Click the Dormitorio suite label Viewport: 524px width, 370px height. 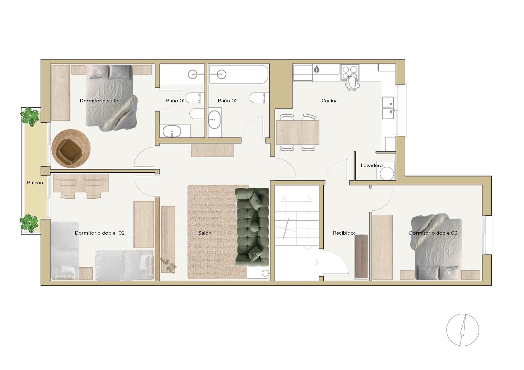click(x=99, y=101)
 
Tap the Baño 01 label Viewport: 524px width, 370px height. click(x=175, y=101)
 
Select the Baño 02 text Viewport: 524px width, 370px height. click(x=227, y=101)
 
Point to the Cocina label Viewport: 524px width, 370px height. click(x=329, y=101)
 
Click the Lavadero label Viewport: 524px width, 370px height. click(x=372, y=165)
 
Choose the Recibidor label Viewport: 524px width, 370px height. click(x=344, y=233)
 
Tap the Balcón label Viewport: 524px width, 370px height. click(x=35, y=183)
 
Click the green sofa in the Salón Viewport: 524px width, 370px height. click(x=252, y=227)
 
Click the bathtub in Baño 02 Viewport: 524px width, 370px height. click(x=239, y=74)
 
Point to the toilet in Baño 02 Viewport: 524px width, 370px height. click(x=259, y=98)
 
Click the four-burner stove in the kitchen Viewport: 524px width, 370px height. click(x=350, y=72)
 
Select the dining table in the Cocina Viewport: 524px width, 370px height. click(x=298, y=133)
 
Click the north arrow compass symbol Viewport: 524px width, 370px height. click(x=462, y=330)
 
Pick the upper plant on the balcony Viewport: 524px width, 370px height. click(x=30, y=117)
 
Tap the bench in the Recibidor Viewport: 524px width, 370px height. click(x=361, y=256)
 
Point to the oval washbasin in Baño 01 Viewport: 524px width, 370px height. click(x=172, y=132)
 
